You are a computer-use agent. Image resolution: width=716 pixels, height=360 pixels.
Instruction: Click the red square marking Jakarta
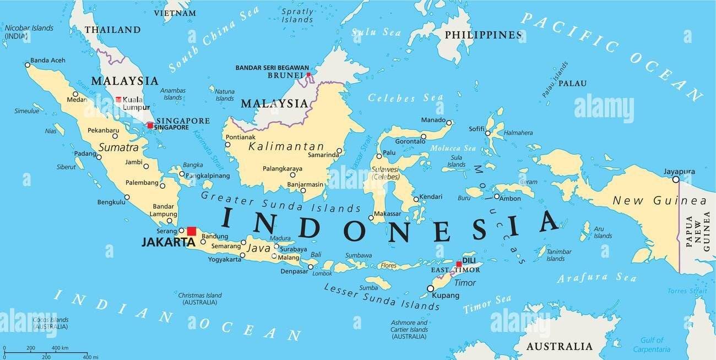coord(191,231)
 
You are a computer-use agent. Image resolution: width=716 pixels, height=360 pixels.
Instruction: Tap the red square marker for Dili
coord(458,264)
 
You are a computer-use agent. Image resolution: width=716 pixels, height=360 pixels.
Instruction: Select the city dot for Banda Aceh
coord(28,65)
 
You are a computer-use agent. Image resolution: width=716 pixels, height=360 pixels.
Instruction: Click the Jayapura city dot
coord(675,179)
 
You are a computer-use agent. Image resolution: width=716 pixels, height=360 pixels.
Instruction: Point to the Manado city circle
coord(449,123)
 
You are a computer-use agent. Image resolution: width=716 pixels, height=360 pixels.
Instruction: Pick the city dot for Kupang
coord(430,288)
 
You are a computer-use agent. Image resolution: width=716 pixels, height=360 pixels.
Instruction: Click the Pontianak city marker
coord(227,145)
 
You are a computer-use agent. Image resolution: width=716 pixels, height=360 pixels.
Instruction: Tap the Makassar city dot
coord(371,218)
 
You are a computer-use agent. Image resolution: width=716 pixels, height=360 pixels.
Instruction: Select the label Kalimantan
coord(286,146)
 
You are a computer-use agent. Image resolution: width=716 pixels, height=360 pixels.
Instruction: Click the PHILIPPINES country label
coord(482,35)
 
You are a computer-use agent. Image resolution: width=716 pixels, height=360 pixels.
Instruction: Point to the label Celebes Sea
coord(398,98)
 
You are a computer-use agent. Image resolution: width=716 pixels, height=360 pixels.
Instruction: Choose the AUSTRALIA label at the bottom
coord(559,347)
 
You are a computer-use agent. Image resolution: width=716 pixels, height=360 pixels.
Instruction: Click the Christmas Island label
coord(199,296)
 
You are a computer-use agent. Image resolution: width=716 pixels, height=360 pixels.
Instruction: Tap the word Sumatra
coord(118,148)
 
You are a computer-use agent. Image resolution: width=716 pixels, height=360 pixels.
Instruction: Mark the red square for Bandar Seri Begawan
coord(308,74)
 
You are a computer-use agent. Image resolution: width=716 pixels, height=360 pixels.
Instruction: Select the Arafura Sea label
coord(596,277)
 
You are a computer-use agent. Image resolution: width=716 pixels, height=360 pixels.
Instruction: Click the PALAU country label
coord(572,84)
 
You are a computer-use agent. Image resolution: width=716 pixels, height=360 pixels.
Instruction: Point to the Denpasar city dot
coord(310,267)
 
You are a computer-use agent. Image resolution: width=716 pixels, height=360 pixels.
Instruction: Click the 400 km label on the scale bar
coord(60,348)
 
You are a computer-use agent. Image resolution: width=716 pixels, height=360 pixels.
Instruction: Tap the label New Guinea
coord(659,201)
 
